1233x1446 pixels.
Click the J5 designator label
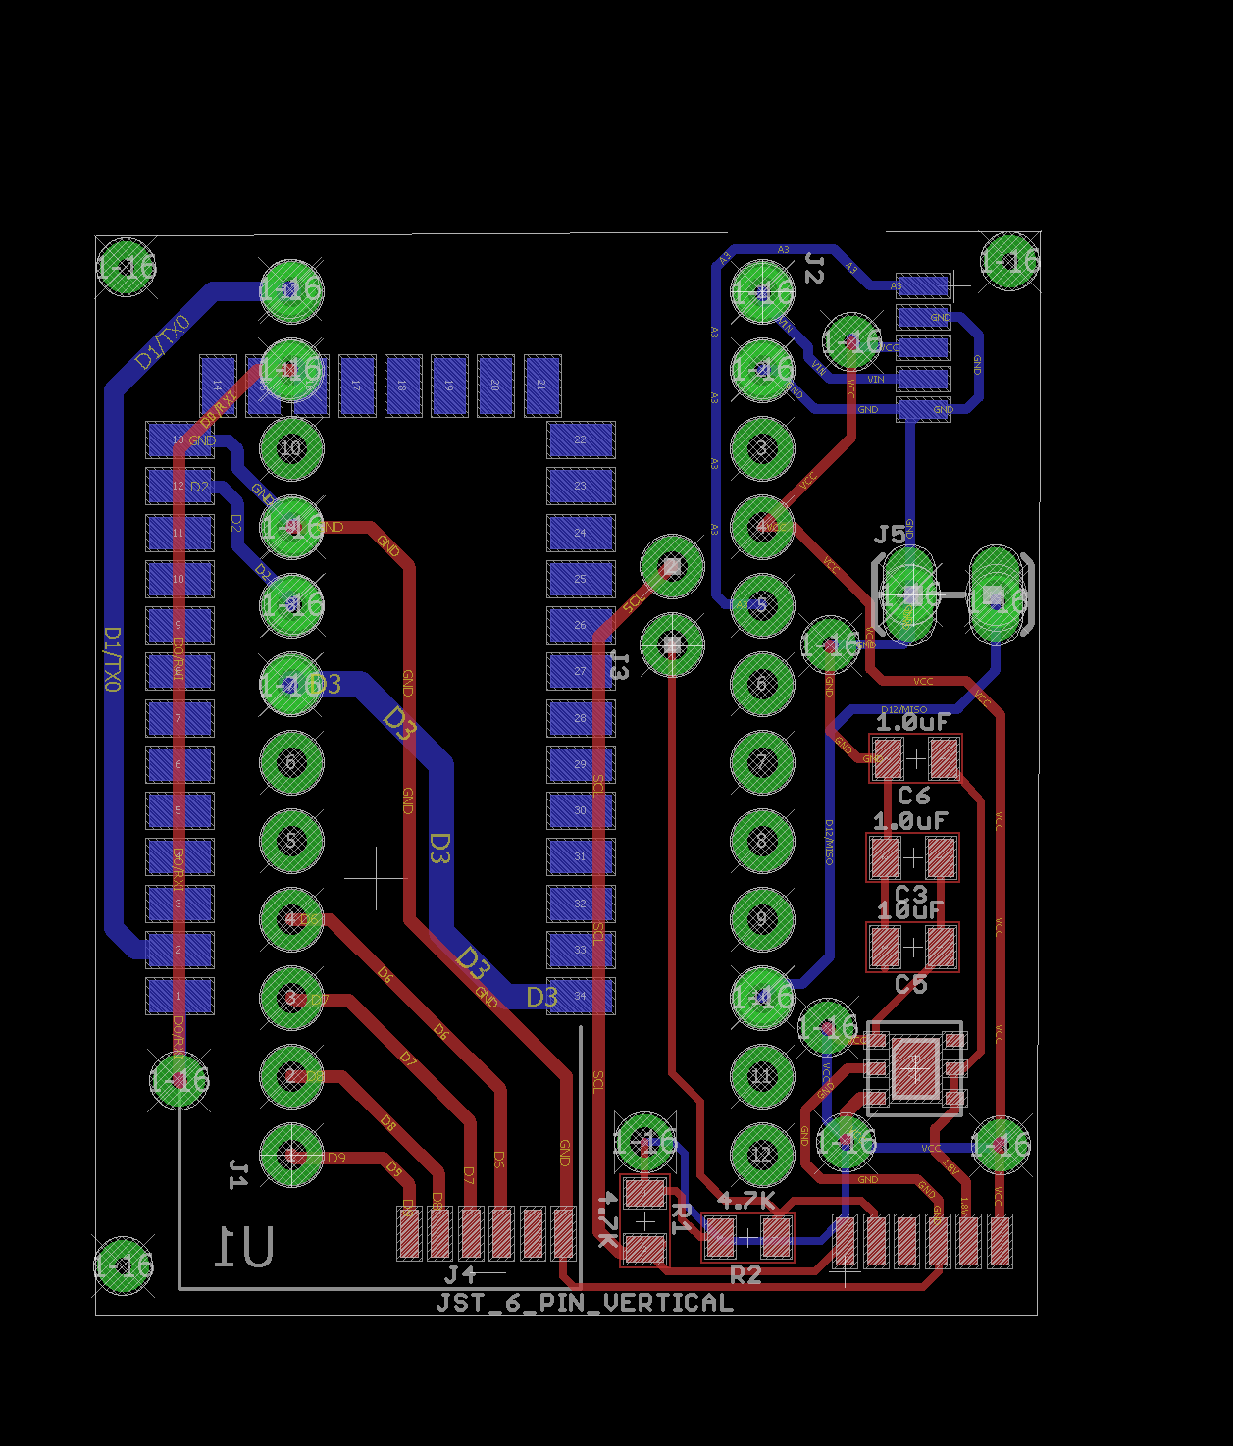(x=890, y=535)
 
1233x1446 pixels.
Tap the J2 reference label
(x=814, y=267)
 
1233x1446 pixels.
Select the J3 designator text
(x=619, y=665)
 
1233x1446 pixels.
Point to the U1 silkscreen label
(x=244, y=1247)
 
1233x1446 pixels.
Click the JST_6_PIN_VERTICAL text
(x=585, y=1303)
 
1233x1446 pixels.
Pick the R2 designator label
(x=745, y=1274)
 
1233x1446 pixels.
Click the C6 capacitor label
(x=913, y=796)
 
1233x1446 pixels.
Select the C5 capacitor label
(x=910, y=984)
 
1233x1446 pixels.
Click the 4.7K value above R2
(x=745, y=1201)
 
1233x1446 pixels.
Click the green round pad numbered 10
(x=291, y=448)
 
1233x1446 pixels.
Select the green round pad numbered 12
(x=762, y=1155)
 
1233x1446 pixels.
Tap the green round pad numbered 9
(x=762, y=919)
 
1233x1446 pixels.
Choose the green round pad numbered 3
(x=762, y=448)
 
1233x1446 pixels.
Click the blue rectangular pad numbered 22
(x=581, y=439)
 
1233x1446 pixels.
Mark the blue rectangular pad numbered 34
(x=581, y=997)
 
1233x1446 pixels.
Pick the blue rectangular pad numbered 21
(x=541, y=386)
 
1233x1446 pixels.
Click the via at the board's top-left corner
(x=127, y=267)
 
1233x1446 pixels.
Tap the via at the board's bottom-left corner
(x=125, y=1265)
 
